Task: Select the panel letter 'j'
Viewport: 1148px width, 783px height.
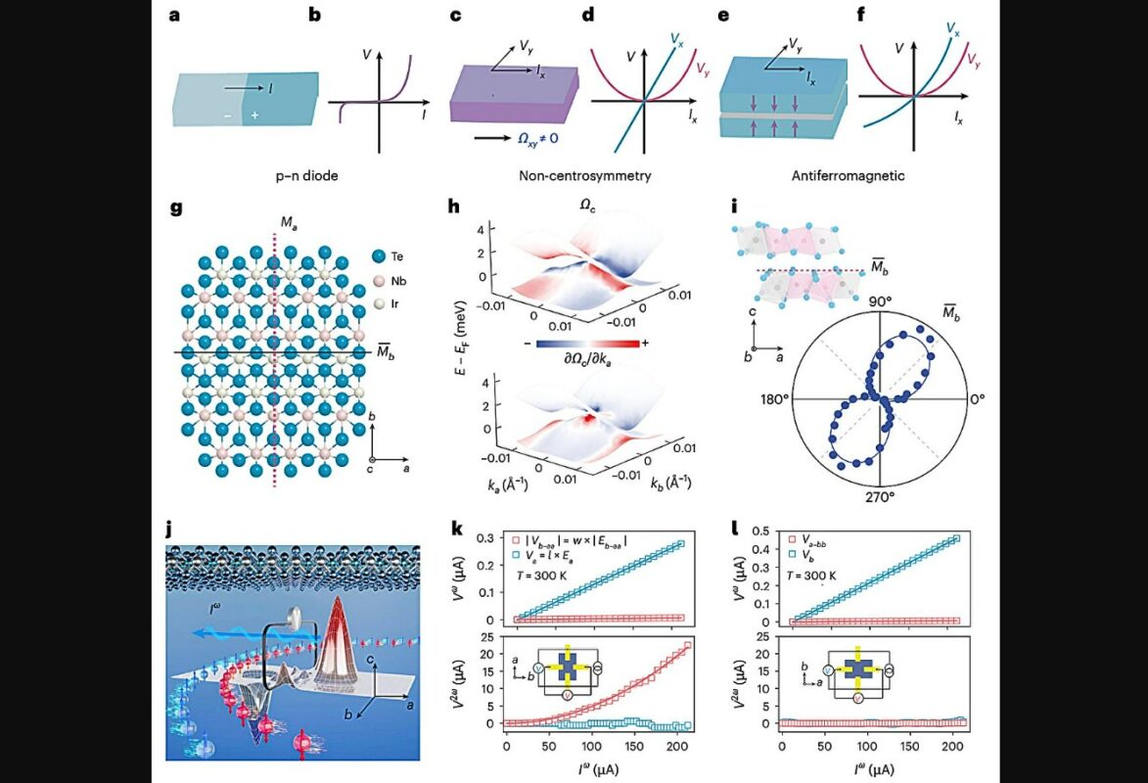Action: click(x=170, y=529)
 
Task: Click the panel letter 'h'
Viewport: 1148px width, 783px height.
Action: click(x=452, y=208)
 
